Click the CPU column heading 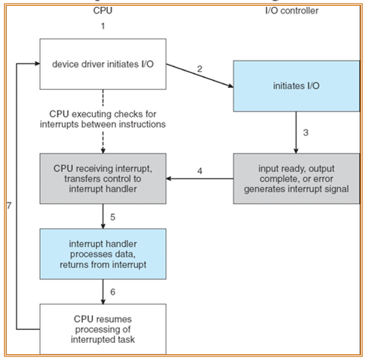click(103, 11)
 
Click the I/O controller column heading click(292, 11)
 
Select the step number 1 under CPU click(103, 26)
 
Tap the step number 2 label click(199, 69)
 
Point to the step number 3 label click(306, 133)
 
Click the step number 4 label click(199, 171)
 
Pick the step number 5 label click(113, 217)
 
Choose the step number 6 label click(113, 292)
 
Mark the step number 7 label click(9, 206)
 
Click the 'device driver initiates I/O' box click(103, 64)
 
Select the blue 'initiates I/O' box click(297, 86)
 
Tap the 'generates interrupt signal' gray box click(297, 179)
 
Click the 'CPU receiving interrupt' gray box click(103, 179)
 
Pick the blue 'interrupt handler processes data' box click(103, 254)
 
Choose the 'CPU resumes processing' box click(103, 329)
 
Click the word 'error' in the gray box click(324, 179)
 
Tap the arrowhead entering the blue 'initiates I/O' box click(231, 86)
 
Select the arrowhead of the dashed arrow click(103, 151)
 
